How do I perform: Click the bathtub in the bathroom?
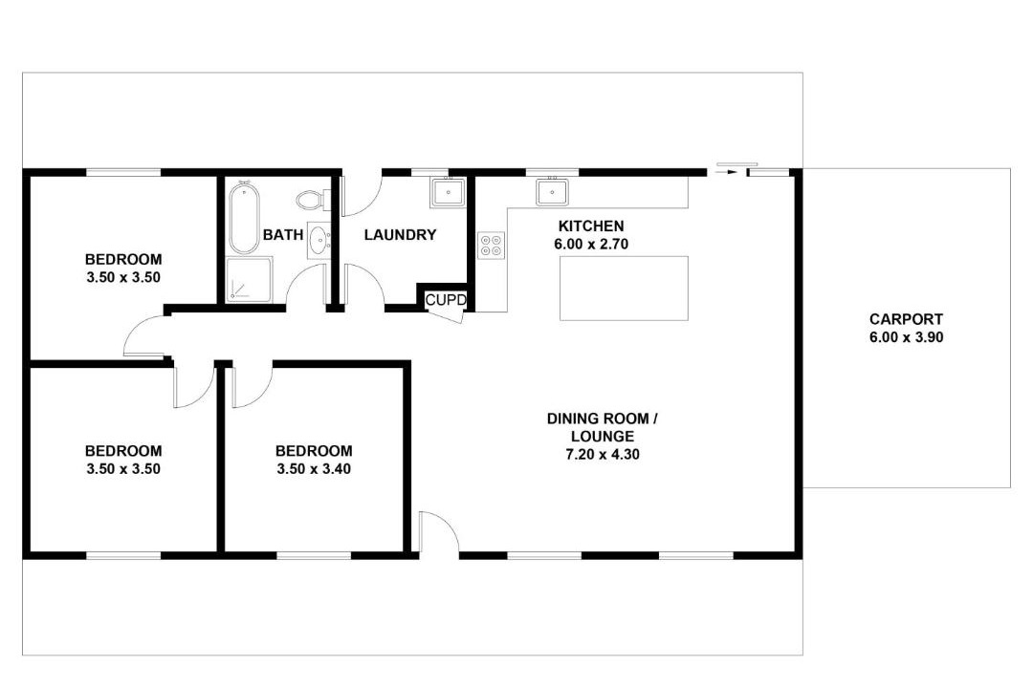pos(244,217)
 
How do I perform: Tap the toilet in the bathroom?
pos(311,199)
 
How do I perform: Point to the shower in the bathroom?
pos(249,280)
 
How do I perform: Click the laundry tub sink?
pos(448,192)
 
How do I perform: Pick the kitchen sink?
pos(552,191)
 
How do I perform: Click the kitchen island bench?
pos(624,289)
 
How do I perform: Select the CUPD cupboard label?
pos(446,300)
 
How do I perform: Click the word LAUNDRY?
pos(400,235)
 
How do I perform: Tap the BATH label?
pos(283,235)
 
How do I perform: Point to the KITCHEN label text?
pos(591,226)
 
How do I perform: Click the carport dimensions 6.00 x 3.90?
pos(906,337)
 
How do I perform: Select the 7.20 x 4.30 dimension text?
pos(603,454)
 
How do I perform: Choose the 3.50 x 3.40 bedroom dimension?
pos(314,469)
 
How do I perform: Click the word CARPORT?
pos(906,319)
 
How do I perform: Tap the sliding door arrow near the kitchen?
pos(727,173)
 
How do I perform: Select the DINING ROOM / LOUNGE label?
pos(603,427)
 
